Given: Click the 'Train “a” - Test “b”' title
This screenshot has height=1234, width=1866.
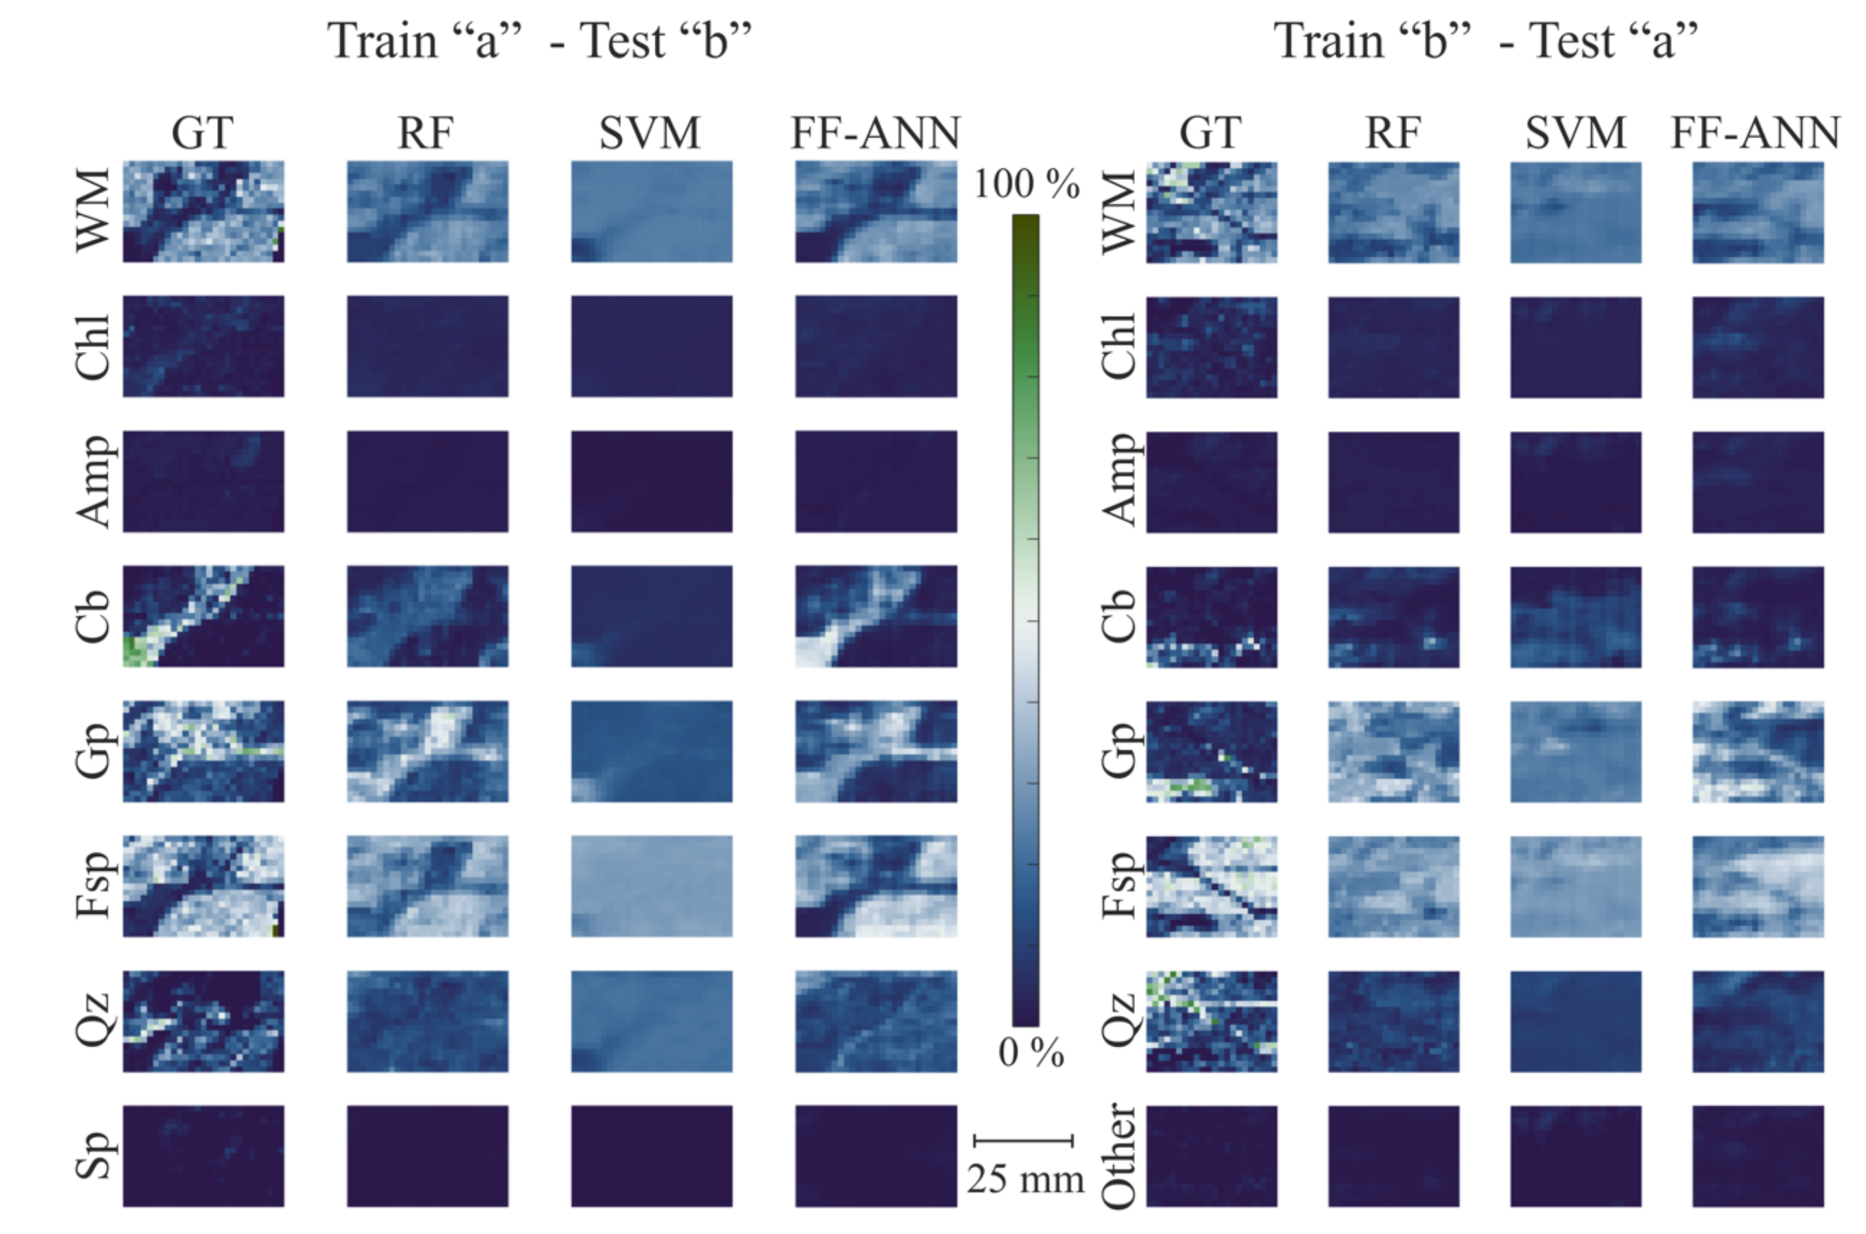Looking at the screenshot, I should (539, 41).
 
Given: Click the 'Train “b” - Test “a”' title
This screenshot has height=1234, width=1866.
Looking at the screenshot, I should (1486, 41).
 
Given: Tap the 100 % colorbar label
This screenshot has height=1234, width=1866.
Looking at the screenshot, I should (1026, 184).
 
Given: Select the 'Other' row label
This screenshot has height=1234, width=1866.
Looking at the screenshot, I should (1119, 1155).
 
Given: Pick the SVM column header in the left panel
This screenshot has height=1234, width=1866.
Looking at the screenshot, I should (650, 132).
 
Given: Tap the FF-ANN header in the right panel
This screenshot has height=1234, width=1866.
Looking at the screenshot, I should (1755, 132).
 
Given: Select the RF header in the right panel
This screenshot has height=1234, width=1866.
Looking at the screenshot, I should (1393, 132).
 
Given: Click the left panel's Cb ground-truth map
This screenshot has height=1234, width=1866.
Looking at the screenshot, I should (203, 616).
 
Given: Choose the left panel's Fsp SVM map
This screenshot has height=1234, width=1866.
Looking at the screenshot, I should (651, 886).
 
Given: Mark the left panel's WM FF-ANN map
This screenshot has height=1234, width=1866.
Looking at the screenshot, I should (876, 212).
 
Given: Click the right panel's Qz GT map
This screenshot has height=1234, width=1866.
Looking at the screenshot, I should (1211, 1022).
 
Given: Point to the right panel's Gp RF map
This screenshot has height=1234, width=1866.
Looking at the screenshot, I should (1394, 752).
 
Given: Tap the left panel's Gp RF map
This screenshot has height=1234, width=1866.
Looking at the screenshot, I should (427, 752).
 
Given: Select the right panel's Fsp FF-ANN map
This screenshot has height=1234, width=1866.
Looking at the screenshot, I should (1757, 886).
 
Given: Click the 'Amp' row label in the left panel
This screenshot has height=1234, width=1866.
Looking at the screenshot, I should (94, 481).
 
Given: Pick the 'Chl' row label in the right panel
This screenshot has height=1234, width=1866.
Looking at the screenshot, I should (1119, 346).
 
